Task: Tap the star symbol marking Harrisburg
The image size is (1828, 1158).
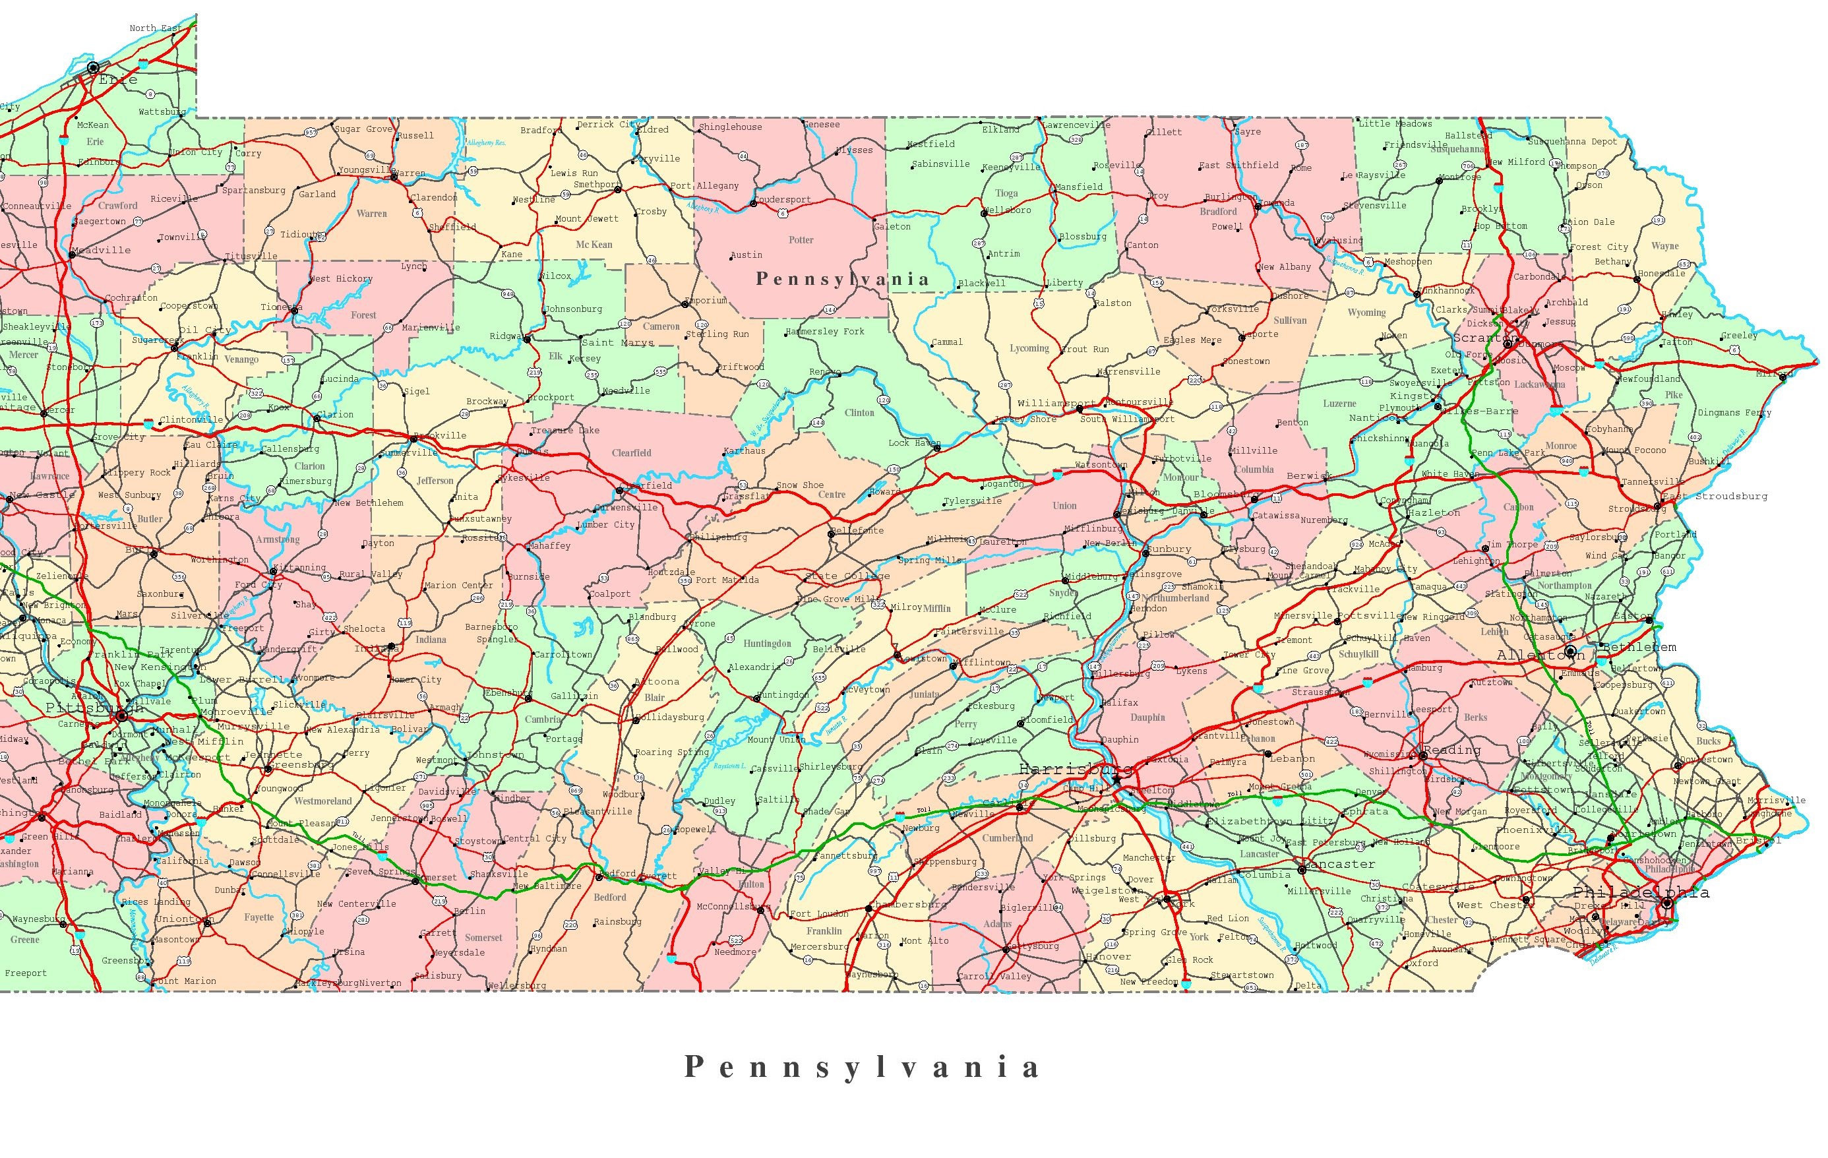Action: [1116, 779]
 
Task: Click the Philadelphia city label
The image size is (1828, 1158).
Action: [1641, 892]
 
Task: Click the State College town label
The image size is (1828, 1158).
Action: [847, 576]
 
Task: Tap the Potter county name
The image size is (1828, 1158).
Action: [801, 240]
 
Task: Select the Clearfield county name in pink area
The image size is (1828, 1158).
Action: [632, 453]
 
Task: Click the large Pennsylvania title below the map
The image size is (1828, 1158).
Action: [862, 1067]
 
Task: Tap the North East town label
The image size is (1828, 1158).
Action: [155, 28]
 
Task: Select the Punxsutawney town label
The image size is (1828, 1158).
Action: [481, 518]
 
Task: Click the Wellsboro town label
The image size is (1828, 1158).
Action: [1008, 210]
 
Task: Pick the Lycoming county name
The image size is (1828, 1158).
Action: [1029, 349]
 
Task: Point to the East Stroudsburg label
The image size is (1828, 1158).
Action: [1714, 497]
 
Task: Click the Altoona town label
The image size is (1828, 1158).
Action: [657, 682]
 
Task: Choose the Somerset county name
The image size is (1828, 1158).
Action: [483, 938]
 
